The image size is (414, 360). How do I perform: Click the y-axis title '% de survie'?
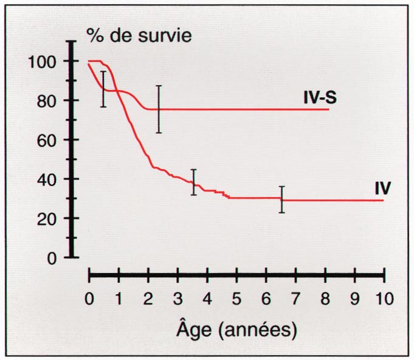[x=139, y=35]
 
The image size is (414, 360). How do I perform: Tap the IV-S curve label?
[x=320, y=97]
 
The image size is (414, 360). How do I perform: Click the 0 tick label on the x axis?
[x=89, y=299]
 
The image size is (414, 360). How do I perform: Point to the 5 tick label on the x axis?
[x=236, y=299]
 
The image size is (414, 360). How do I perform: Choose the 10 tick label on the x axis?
[x=384, y=299]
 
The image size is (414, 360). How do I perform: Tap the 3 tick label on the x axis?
[x=178, y=299]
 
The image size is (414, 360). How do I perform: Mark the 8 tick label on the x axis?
[x=325, y=299]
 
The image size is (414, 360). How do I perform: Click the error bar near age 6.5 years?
[x=281, y=199]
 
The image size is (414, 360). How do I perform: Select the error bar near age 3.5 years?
[x=194, y=182]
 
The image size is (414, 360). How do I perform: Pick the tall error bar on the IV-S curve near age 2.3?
[x=159, y=109]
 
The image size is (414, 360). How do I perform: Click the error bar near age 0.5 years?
[x=103, y=89]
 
